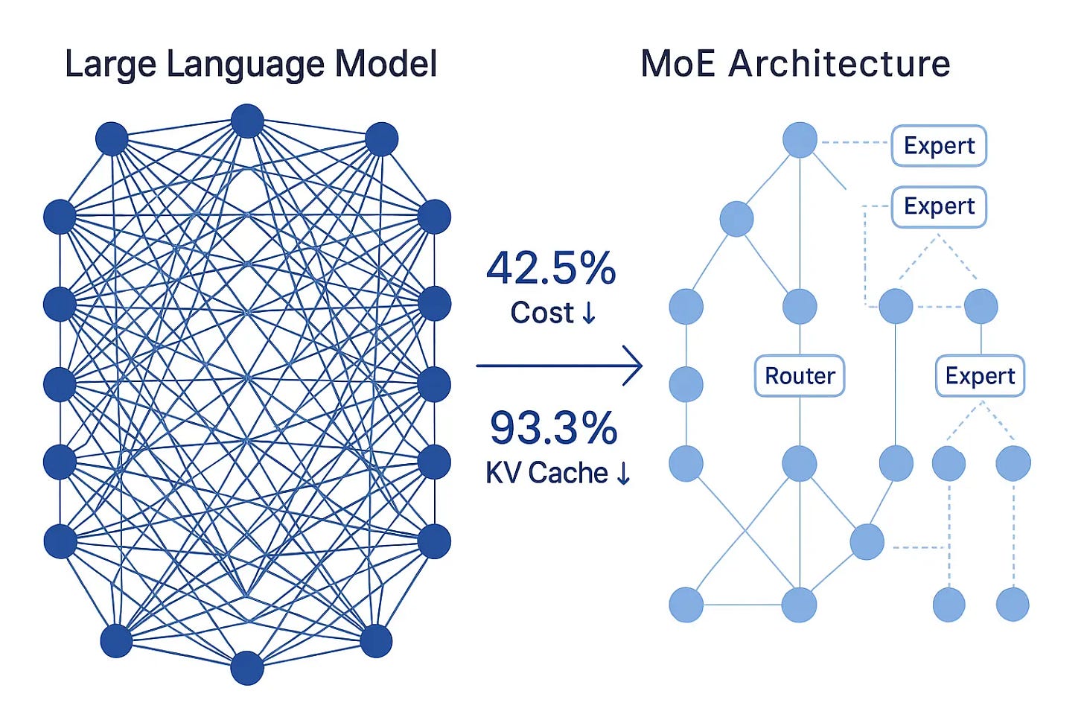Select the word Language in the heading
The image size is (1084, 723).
point(245,66)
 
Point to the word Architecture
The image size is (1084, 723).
point(839,64)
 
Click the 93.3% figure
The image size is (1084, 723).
point(553,428)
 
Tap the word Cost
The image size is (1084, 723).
point(542,313)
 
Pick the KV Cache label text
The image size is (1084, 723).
point(546,473)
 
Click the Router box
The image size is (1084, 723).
point(800,376)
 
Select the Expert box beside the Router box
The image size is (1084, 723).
point(980,376)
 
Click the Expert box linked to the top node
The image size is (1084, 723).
point(939,146)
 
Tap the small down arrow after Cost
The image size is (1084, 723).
point(588,313)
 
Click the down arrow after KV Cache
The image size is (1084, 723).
point(623,473)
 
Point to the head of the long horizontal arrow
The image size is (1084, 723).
point(640,366)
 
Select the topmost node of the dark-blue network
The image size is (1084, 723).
point(247,121)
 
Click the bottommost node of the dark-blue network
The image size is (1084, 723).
point(247,668)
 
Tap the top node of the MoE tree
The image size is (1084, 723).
point(800,140)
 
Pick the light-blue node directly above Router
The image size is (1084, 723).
point(800,306)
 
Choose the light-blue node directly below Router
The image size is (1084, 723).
point(800,463)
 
